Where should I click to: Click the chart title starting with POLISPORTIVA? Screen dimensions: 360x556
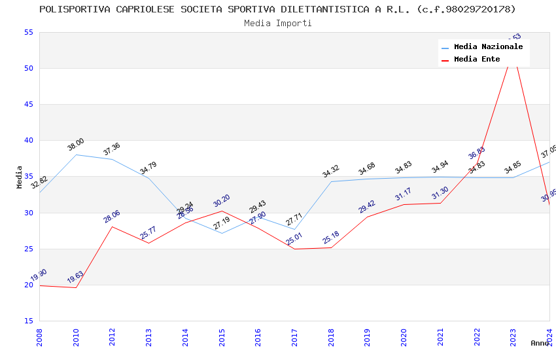(277, 9)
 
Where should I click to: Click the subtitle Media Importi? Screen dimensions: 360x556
(277, 23)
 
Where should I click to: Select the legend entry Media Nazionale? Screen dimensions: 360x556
(488, 46)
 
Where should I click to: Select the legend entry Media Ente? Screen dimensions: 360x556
(477, 59)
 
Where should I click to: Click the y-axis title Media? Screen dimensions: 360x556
(20, 177)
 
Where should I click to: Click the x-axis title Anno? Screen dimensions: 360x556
(540, 343)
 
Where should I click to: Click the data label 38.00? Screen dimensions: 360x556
(75, 145)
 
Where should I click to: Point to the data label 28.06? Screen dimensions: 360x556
(112, 217)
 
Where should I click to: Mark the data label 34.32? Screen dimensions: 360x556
(331, 171)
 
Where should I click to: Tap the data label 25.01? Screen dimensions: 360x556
(294, 239)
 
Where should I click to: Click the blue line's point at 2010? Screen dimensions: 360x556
(76, 155)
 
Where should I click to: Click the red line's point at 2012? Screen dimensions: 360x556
(113, 226)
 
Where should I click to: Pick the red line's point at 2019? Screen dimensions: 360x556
(368, 217)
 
